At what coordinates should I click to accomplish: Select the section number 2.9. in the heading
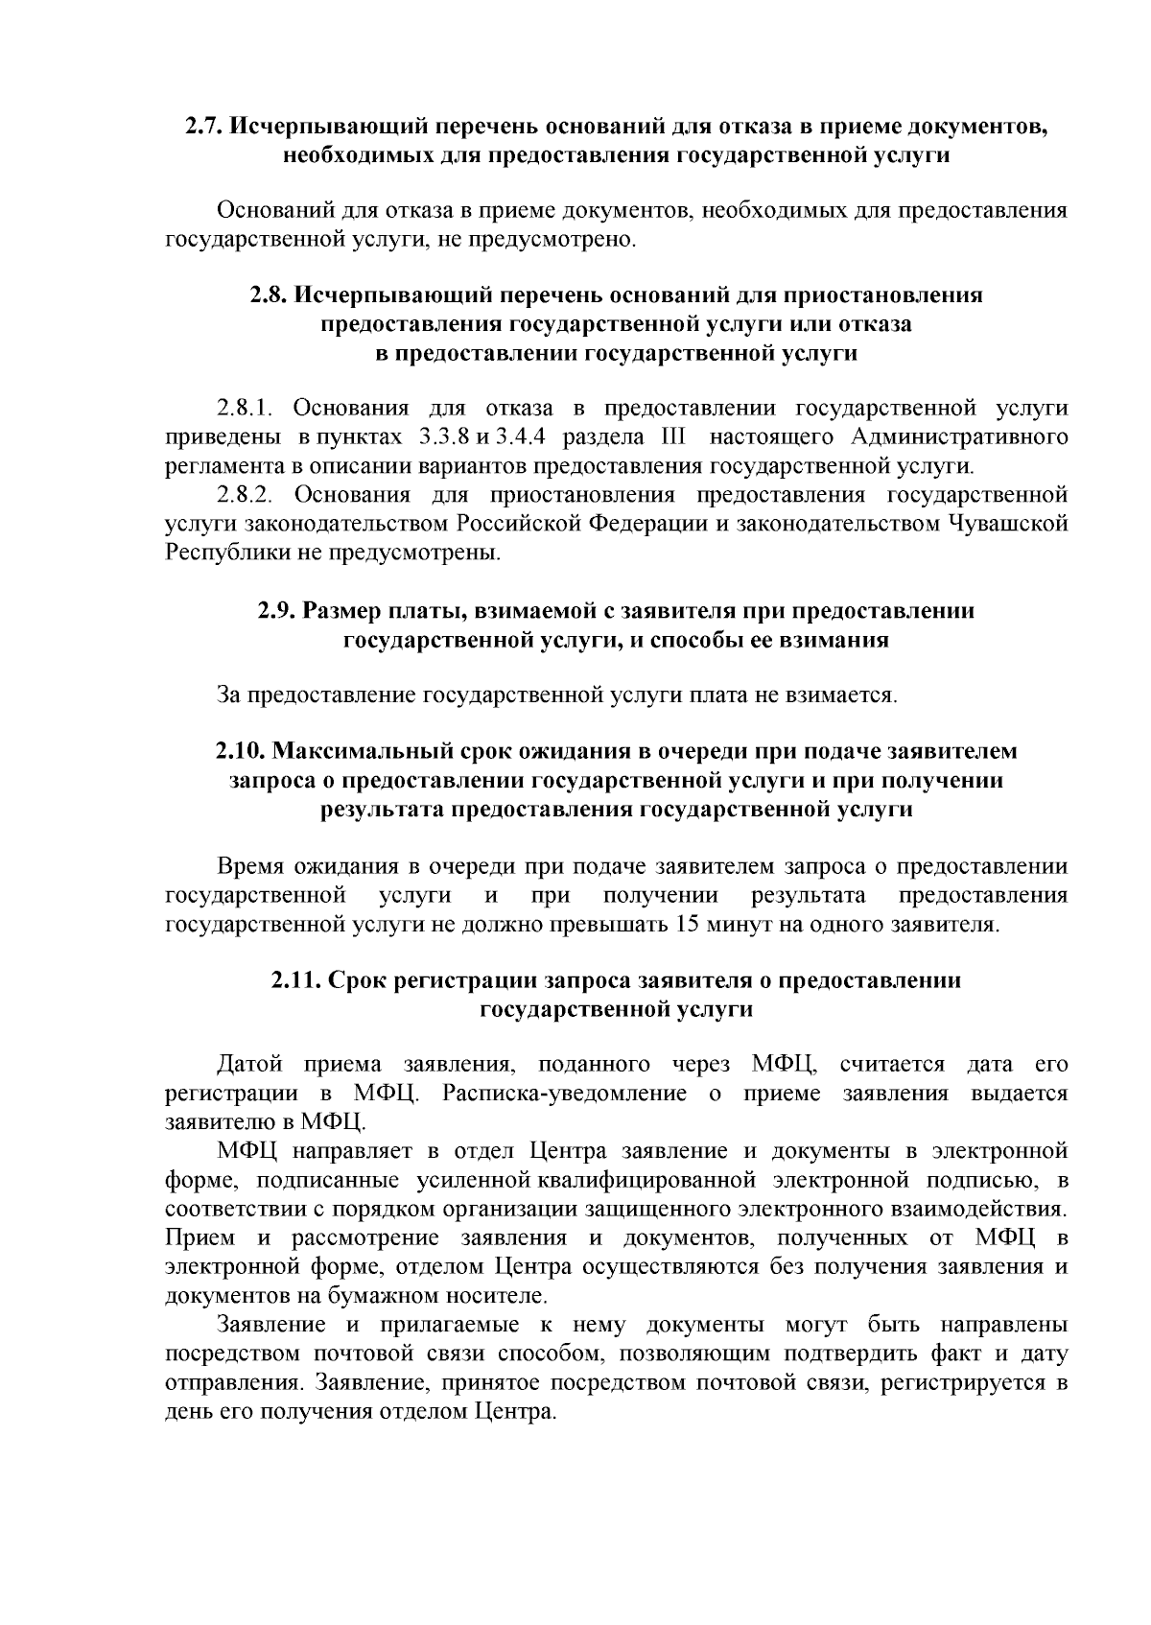click(x=276, y=610)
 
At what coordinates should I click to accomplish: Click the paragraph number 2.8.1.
click(x=247, y=409)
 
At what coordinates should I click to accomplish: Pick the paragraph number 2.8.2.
click(x=247, y=495)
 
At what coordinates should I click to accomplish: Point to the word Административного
click(x=959, y=437)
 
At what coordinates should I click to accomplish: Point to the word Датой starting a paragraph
click(x=249, y=1065)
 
